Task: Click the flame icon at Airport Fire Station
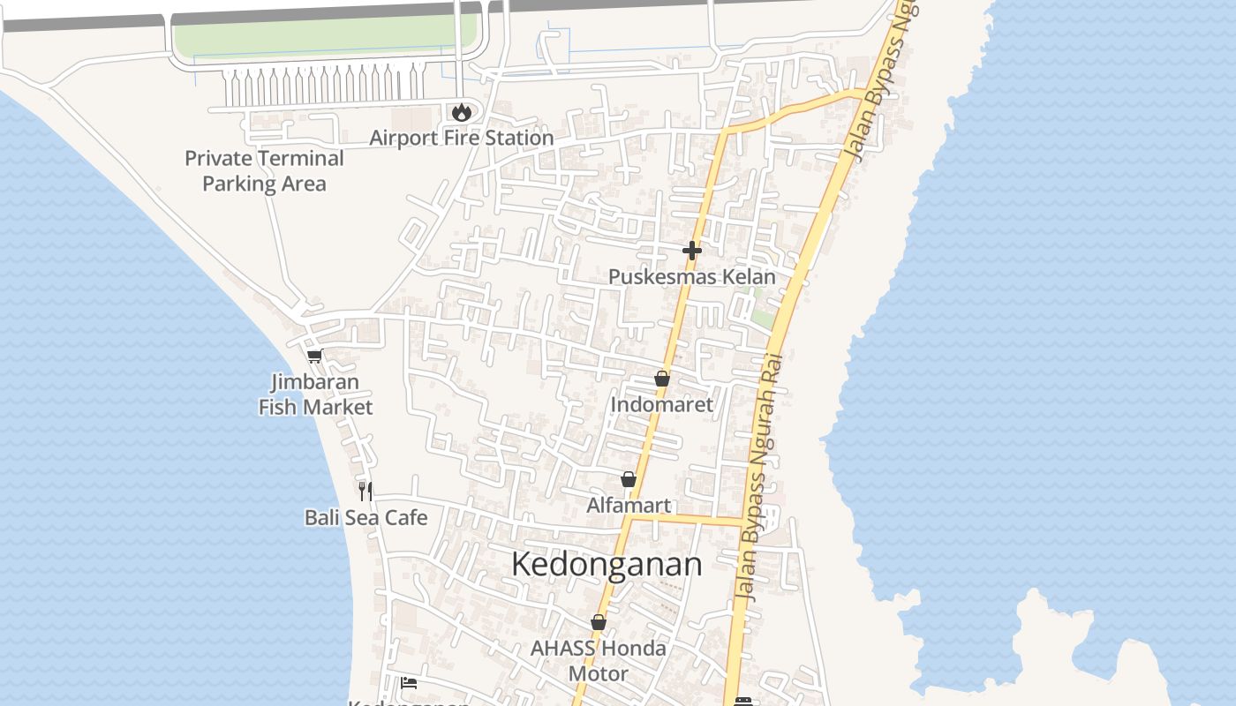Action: coord(461,112)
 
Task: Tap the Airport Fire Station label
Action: coord(461,138)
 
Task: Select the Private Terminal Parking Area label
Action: coord(264,170)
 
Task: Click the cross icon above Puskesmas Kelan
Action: coord(692,251)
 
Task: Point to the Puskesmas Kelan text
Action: coord(692,276)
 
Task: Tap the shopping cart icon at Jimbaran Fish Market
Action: coord(314,357)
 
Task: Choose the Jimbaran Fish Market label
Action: coord(315,394)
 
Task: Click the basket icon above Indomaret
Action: coord(662,379)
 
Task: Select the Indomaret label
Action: coord(662,404)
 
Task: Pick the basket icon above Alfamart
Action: coord(629,479)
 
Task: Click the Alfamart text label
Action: coord(629,506)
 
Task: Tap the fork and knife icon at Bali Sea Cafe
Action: coord(366,492)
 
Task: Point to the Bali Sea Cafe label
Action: coord(366,517)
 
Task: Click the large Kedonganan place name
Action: coord(607,565)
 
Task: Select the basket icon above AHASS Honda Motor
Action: coord(599,622)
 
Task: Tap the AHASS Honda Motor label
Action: coord(599,661)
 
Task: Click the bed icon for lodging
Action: coord(408,682)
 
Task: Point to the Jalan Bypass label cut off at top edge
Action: coord(884,81)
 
